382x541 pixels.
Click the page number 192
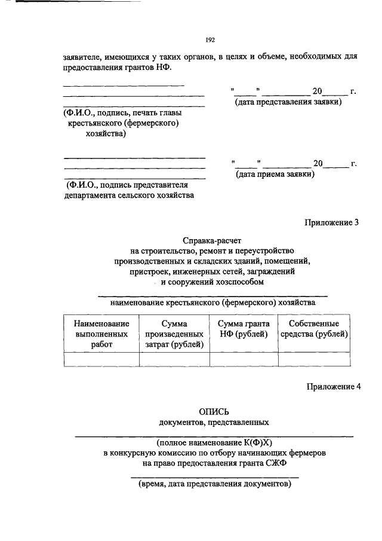210,40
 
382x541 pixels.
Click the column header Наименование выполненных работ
101,334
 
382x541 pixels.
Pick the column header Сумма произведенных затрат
174,334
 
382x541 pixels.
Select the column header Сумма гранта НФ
244,328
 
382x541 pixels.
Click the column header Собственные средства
314,328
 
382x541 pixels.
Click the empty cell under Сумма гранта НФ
244,359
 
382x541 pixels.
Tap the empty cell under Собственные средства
314,359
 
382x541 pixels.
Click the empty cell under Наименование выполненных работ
101,359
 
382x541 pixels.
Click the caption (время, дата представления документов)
214,484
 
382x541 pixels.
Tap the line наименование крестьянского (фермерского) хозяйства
212,302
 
